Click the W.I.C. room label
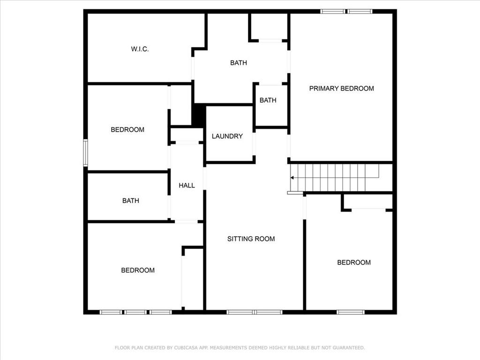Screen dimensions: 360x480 [x=140, y=49]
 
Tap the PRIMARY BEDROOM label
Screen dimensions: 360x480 [x=341, y=88]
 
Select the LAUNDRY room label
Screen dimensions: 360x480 [x=227, y=136]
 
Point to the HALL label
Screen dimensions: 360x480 [x=187, y=186]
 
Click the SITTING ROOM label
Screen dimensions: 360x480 [x=251, y=239]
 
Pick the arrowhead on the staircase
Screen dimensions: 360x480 [x=292, y=178]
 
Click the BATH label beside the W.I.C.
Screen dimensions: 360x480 [x=238, y=63]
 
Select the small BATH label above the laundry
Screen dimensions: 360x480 [x=268, y=100]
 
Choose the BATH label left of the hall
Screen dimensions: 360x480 [x=130, y=201]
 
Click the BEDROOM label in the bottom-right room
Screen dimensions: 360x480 [x=354, y=262]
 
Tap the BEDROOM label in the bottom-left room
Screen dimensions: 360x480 [x=138, y=270]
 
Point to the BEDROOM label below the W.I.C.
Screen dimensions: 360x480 [x=127, y=129]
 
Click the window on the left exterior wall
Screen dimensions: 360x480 [x=86, y=152]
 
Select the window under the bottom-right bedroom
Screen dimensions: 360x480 [x=350, y=312]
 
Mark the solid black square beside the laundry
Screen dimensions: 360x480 [x=199, y=115]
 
